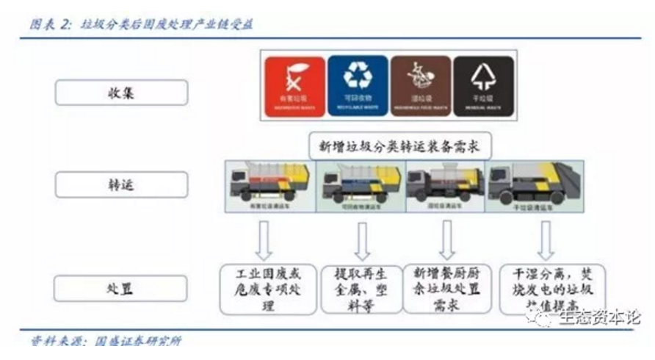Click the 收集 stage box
121,93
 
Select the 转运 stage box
121,185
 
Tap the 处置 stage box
121,289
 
